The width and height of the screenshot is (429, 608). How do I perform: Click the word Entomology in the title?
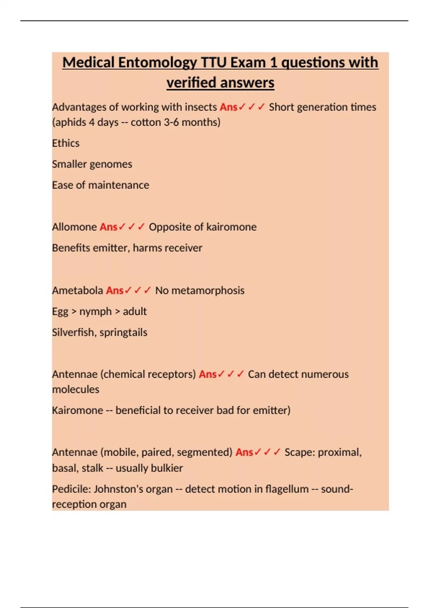(157, 63)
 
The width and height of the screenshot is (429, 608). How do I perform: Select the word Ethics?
(66, 143)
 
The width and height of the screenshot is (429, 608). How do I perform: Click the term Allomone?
(74, 227)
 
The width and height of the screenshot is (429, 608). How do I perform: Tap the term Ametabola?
(78, 290)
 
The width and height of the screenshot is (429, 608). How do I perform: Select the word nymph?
(95, 312)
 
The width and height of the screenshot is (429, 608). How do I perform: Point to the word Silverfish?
(74, 332)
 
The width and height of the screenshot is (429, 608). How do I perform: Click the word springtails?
(123, 332)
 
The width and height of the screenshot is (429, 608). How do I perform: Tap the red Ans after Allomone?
(108, 227)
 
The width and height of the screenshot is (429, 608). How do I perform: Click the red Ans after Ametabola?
(115, 290)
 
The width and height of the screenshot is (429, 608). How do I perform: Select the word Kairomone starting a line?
(78, 410)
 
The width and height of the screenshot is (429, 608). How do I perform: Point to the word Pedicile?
(71, 489)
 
